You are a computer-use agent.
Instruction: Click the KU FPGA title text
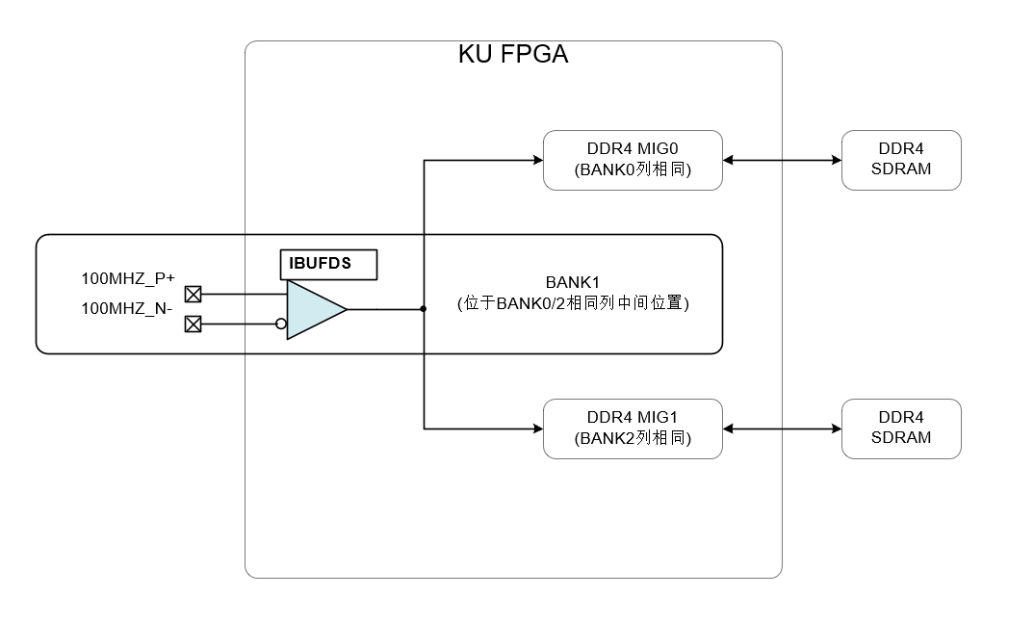[x=512, y=55]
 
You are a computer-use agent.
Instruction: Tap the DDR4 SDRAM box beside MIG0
[x=900, y=160]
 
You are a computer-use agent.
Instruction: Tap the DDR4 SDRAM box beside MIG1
[x=900, y=428]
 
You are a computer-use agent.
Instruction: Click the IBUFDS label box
[x=327, y=264]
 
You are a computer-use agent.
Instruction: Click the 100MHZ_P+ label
[x=128, y=279]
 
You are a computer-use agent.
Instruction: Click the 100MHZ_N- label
[x=127, y=309]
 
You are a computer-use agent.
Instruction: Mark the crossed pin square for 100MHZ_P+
[x=193, y=294]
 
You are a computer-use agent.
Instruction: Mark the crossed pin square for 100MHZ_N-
[x=193, y=324]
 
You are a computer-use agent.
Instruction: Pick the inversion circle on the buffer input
[x=281, y=324]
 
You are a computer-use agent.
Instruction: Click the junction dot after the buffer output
[x=424, y=309]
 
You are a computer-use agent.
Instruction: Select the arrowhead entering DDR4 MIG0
[x=537, y=160]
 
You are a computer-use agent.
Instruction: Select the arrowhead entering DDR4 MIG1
[x=537, y=428]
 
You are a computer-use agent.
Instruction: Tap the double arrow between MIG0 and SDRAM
[x=782, y=160]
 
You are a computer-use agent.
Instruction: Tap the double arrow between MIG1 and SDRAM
[x=782, y=428]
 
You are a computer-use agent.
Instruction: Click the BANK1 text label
[x=574, y=283]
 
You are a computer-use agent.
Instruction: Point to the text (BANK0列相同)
[x=633, y=170]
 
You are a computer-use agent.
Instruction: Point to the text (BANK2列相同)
[x=633, y=439]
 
